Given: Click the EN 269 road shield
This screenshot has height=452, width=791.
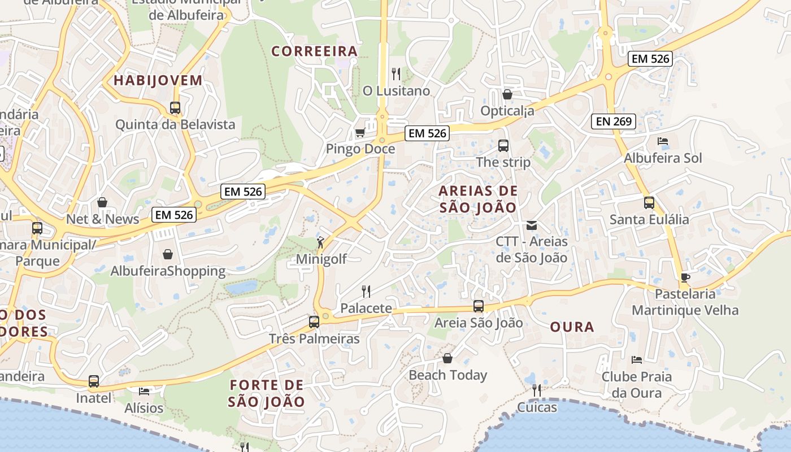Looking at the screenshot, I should (x=614, y=121).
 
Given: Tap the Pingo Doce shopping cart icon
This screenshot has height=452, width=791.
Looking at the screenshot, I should (x=360, y=132).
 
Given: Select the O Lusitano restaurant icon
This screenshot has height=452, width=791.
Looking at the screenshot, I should (x=396, y=73).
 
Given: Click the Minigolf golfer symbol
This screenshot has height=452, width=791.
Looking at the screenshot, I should (x=321, y=242).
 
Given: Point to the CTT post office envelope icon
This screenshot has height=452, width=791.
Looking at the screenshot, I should (x=531, y=225).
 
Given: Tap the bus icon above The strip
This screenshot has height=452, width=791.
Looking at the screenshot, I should (x=503, y=146).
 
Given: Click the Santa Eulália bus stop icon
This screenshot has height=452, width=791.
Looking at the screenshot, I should (x=649, y=202).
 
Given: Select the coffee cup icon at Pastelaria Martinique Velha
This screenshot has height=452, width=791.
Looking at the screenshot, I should (x=685, y=277).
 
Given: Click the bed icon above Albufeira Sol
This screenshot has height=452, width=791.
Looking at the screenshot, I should (x=663, y=141).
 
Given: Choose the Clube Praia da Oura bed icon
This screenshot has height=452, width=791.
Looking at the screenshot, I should (x=637, y=359).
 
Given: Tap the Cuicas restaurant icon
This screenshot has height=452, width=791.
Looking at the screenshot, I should (x=536, y=390).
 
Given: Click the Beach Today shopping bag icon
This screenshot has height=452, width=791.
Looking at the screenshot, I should (x=447, y=358).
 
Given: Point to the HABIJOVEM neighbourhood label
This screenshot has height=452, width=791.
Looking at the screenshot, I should (x=158, y=80).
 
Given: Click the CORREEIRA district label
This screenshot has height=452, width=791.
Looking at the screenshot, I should (x=315, y=51).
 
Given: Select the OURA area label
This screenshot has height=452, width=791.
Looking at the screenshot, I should (x=572, y=327).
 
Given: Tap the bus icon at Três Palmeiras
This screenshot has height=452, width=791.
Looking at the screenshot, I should (x=314, y=322).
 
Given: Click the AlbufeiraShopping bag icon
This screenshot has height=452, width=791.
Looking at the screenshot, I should (x=167, y=254).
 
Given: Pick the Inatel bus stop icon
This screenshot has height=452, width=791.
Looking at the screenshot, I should (x=94, y=381).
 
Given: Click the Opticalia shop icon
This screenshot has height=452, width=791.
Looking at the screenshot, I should (x=507, y=94).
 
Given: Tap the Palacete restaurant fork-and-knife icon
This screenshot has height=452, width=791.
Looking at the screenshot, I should (x=366, y=292).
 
